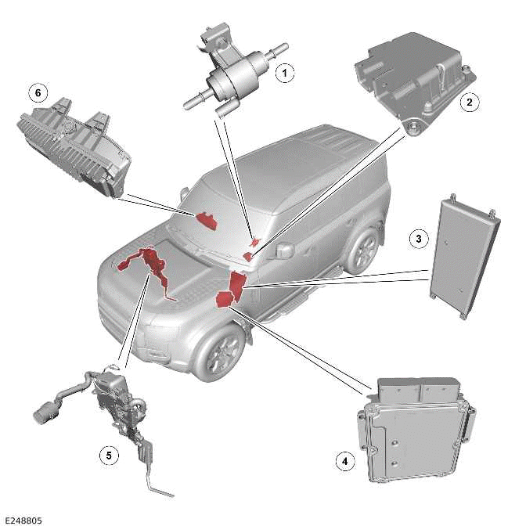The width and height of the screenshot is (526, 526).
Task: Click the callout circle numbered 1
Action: (x=286, y=74)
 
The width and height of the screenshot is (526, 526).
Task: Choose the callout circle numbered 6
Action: (x=37, y=92)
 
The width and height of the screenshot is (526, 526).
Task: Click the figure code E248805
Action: (x=23, y=519)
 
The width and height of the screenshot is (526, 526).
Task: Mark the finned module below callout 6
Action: (x=74, y=145)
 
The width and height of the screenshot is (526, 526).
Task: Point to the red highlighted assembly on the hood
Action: (x=149, y=266)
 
